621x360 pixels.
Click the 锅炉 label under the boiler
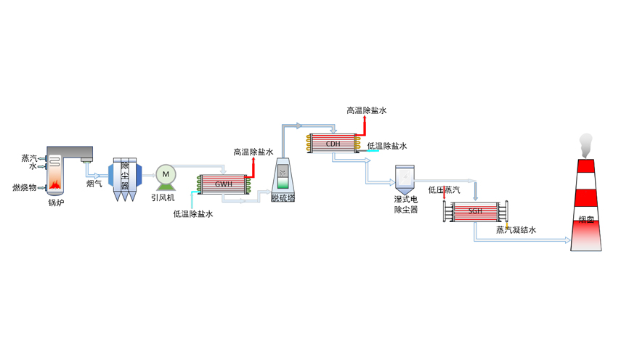(x=56, y=202)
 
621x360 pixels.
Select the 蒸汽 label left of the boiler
(x=29, y=157)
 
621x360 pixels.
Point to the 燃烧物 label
(x=25, y=187)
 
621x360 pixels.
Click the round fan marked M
(x=166, y=174)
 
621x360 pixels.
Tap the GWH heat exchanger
(x=223, y=184)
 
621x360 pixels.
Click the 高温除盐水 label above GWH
(x=253, y=152)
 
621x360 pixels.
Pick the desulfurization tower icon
(x=283, y=175)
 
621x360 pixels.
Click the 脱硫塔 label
(x=283, y=197)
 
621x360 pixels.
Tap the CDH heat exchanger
(x=333, y=143)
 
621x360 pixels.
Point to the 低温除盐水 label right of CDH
(x=387, y=146)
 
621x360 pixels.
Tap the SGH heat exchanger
(x=476, y=211)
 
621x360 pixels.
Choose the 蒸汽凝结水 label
(x=516, y=230)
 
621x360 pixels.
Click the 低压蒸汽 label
(x=444, y=190)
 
